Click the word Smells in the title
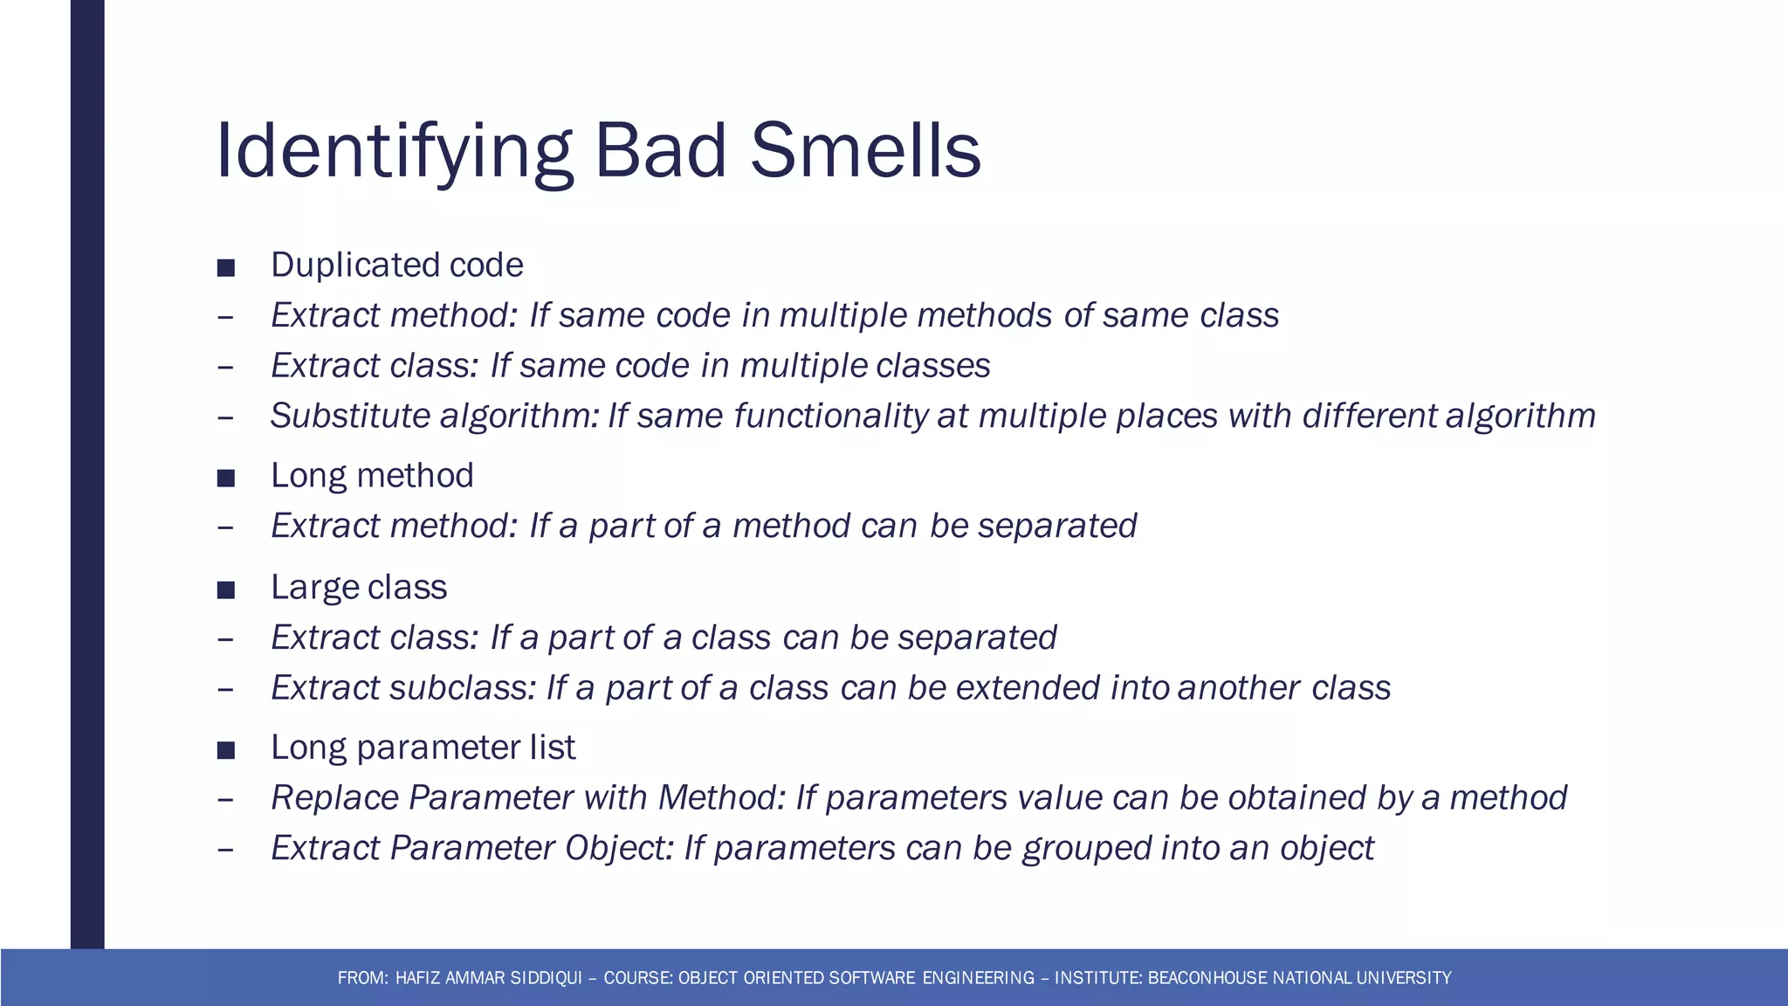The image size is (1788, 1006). (x=865, y=151)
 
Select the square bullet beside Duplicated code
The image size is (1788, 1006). (x=226, y=267)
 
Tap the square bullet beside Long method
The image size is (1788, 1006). (x=226, y=478)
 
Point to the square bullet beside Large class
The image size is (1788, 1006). (x=226, y=589)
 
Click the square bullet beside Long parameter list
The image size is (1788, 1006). (x=226, y=749)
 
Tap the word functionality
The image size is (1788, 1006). (x=829, y=416)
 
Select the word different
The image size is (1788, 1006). (x=1369, y=416)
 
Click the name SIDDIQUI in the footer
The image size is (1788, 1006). (x=546, y=978)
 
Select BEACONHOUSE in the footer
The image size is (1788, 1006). (x=1207, y=978)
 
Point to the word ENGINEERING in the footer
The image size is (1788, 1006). (x=978, y=978)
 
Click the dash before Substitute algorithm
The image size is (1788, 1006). (x=225, y=417)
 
